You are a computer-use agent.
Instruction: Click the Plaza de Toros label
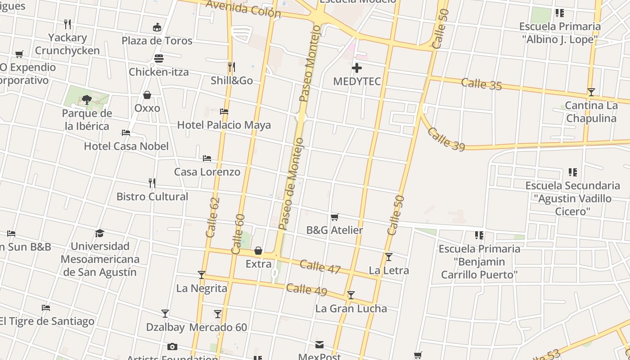click(157, 40)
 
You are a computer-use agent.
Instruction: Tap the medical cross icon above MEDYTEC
click(357, 68)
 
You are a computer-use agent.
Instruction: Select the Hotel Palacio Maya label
click(224, 125)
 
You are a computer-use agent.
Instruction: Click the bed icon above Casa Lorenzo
click(207, 158)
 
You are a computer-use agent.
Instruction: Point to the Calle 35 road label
click(481, 84)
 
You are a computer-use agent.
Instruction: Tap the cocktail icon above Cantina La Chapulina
click(591, 92)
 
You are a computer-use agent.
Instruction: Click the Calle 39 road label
click(445, 139)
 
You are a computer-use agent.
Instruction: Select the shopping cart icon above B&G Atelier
click(334, 217)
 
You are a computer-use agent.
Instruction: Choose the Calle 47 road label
click(320, 266)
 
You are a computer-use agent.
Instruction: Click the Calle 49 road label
click(306, 289)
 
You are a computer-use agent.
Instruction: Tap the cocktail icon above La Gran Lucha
click(351, 295)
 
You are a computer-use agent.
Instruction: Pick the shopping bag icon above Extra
click(258, 251)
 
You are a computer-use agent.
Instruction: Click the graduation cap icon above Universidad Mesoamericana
click(99, 233)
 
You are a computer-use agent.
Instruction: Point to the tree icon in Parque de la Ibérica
click(87, 99)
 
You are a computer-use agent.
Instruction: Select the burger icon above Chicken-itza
click(158, 58)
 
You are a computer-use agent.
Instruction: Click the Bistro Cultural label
click(152, 197)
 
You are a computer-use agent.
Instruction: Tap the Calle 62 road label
click(212, 217)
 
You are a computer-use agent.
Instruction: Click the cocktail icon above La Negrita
click(202, 274)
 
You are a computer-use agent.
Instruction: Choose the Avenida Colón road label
click(243, 9)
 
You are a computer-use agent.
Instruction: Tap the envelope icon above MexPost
click(319, 345)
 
